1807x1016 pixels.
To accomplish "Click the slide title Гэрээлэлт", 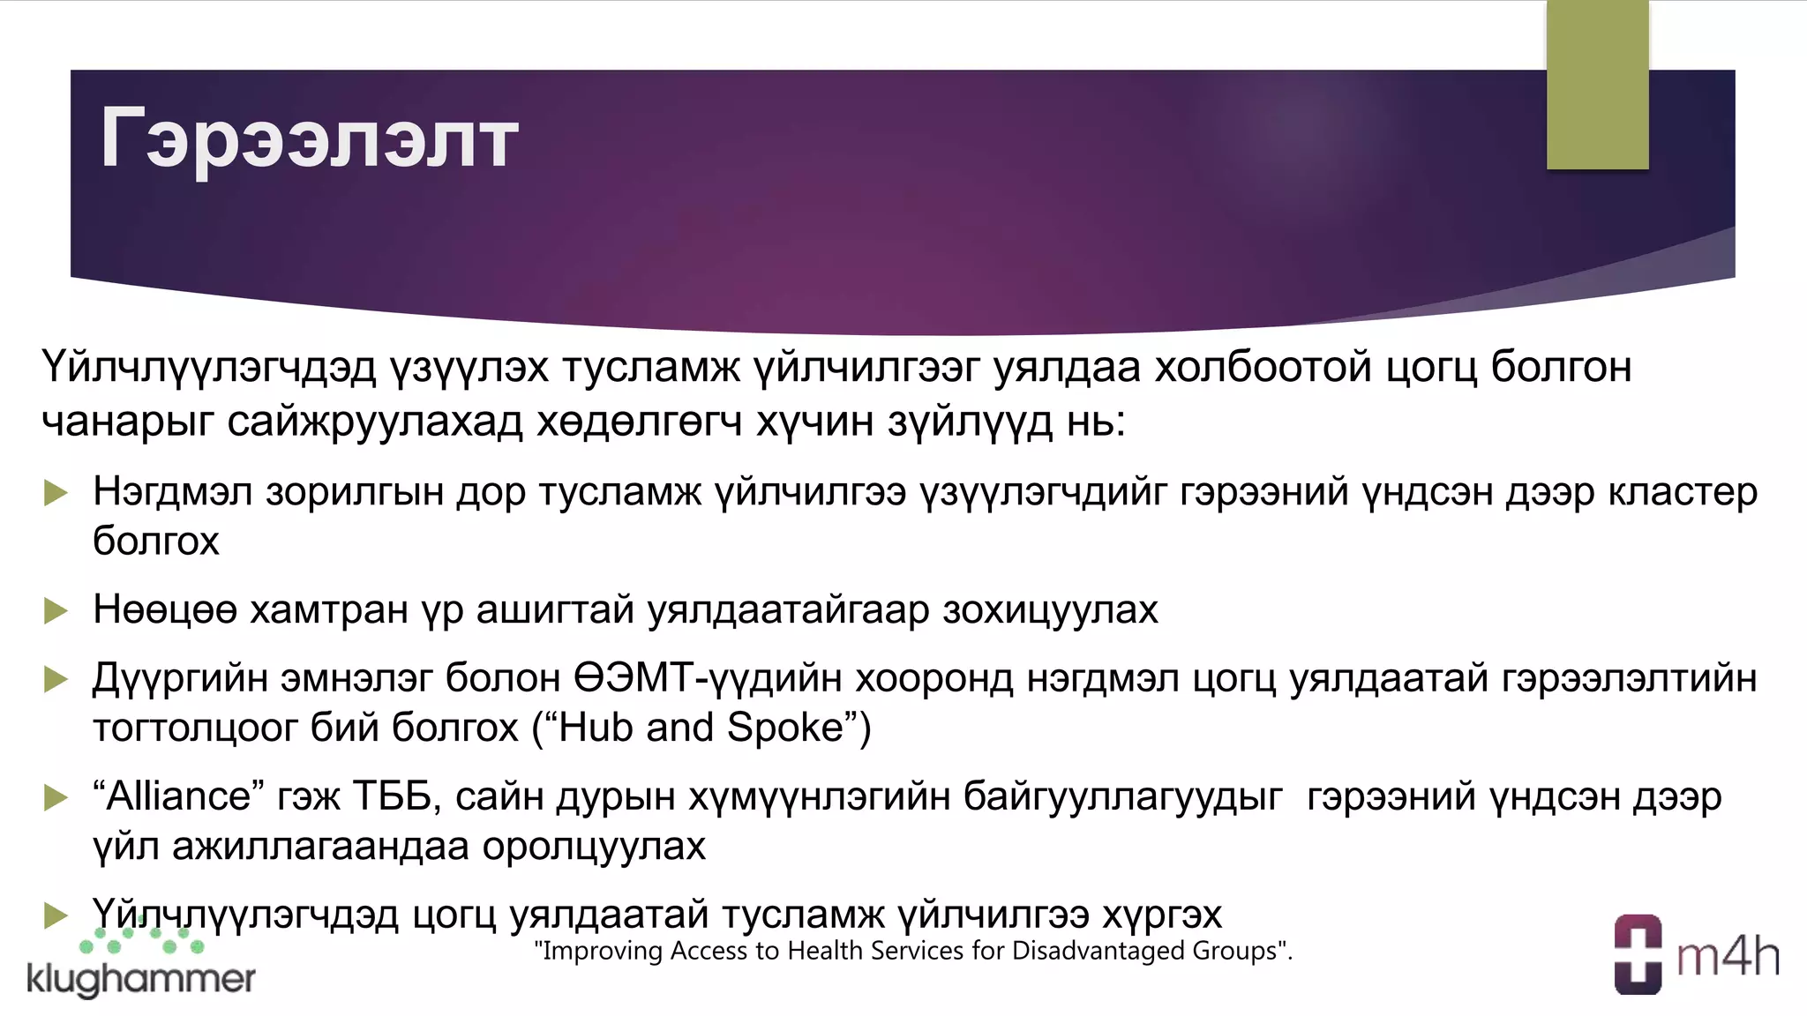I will [x=309, y=138].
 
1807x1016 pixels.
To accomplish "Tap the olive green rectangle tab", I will [x=1597, y=85].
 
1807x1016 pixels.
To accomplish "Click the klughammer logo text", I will [x=141, y=979].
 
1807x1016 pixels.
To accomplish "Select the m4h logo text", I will [x=1728, y=957].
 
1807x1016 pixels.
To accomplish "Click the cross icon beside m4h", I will [x=1638, y=954].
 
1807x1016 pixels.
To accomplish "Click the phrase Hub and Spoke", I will [x=701, y=728].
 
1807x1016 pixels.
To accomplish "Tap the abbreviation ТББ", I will [x=396, y=796].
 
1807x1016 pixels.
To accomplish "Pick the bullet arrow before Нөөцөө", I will [x=56, y=610].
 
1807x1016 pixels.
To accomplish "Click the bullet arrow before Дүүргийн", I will [x=56, y=679].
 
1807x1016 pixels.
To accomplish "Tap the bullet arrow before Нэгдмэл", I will [x=56, y=492].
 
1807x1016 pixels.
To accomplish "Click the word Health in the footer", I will [x=826, y=951].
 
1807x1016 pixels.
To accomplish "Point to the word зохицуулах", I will [x=1050, y=610].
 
